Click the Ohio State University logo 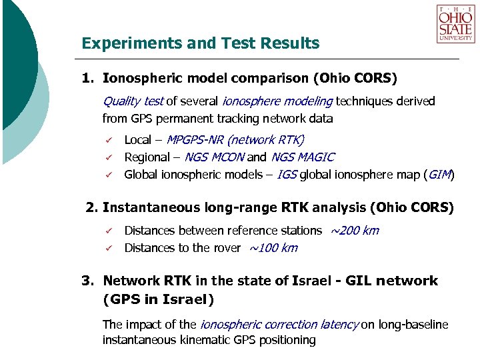pyautogui.click(x=455, y=24)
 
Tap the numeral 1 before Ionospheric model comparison pyautogui.click(x=86, y=79)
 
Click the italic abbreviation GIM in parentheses pyautogui.click(x=439, y=175)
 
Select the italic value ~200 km pyautogui.click(x=354, y=231)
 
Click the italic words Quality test pyautogui.click(x=133, y=101)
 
